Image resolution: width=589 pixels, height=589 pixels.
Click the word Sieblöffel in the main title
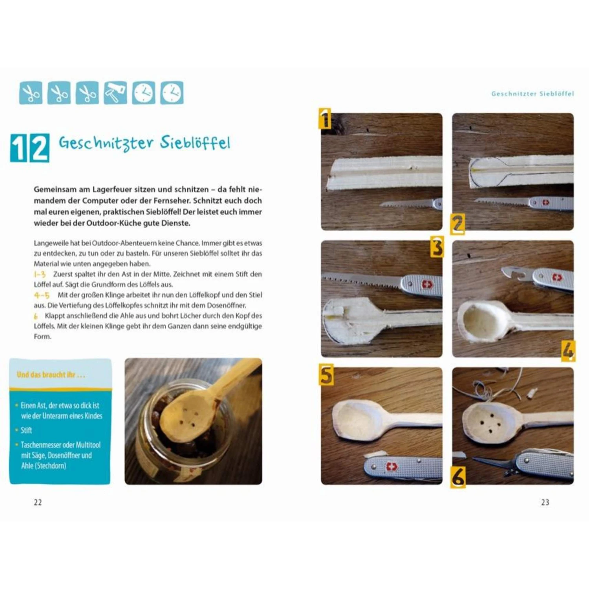point(195,143)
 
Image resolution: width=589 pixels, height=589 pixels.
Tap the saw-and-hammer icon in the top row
point(115,93)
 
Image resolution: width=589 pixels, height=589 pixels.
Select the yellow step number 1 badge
point(325,119)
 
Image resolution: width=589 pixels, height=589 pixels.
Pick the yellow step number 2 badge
point(457,224)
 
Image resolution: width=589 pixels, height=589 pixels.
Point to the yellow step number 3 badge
point(437,247)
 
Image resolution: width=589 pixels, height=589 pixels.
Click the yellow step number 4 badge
point(568,350)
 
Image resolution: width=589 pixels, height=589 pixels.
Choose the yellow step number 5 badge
point(326,375)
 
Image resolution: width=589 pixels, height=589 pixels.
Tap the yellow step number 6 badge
point(458,477)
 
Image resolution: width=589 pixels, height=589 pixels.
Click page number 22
point(38,502)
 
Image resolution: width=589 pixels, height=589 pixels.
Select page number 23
point(545,502)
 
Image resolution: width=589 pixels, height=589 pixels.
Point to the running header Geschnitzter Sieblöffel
point(532,94)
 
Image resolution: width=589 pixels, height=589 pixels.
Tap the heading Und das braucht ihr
point(51,375)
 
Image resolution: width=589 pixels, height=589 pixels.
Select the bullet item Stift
point(26,430)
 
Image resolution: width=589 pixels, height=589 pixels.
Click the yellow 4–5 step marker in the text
point(42,295)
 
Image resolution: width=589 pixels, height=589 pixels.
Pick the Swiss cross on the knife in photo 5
point(391,466)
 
